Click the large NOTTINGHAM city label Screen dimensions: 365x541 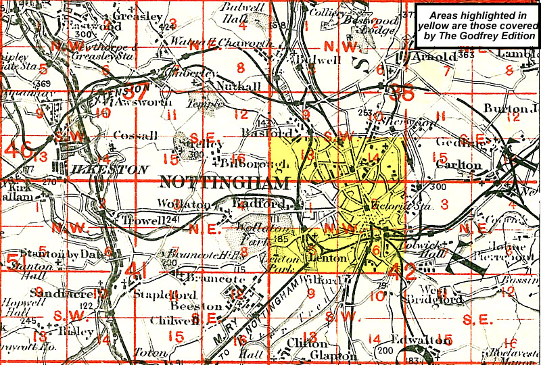click(223, 182)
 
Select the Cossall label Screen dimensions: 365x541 click(135, 135)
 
